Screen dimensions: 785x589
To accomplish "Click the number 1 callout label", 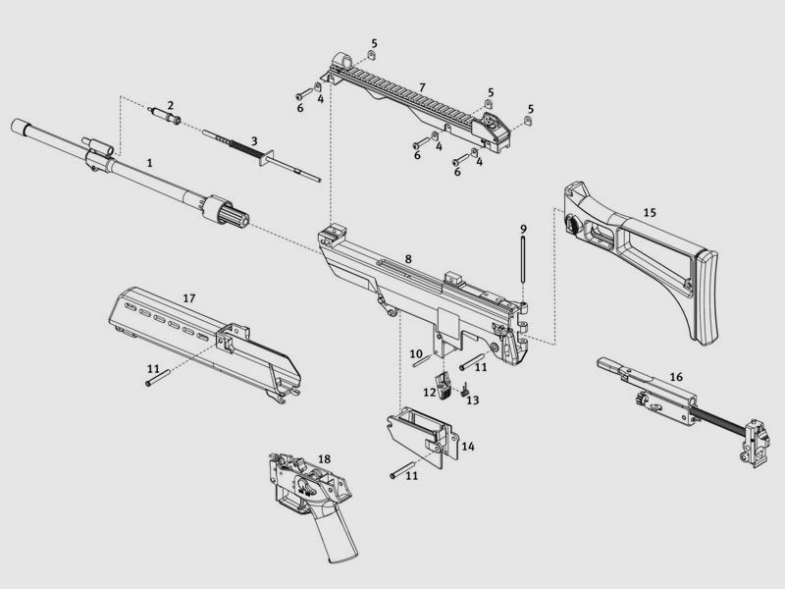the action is click(149, 163).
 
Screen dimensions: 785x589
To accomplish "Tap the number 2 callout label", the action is click(171, 105).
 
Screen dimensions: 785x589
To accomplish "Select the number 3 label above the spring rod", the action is click(254, 141).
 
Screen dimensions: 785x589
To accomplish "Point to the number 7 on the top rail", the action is click(422, 87).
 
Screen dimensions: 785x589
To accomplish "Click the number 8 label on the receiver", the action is click(408, 259).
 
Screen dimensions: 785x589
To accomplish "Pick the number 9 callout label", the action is click(523, 229).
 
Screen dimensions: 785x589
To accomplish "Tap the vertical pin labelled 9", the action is click(523, 259).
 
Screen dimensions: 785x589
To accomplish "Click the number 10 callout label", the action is click(416, 354).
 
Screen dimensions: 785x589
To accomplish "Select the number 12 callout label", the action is click(430, 392).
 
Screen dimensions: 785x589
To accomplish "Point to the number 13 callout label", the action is click(473, 400).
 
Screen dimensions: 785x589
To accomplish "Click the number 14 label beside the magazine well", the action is click(468, 446).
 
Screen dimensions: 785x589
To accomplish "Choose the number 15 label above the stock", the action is click(650, 212).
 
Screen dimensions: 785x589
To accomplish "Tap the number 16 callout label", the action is click(676, 377).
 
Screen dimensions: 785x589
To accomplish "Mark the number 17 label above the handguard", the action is click(188, 298).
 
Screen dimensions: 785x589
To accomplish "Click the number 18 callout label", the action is click(324, 458).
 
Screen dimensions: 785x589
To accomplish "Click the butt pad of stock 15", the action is click(706, 297).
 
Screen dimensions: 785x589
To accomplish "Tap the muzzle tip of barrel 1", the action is click(16, 126).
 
